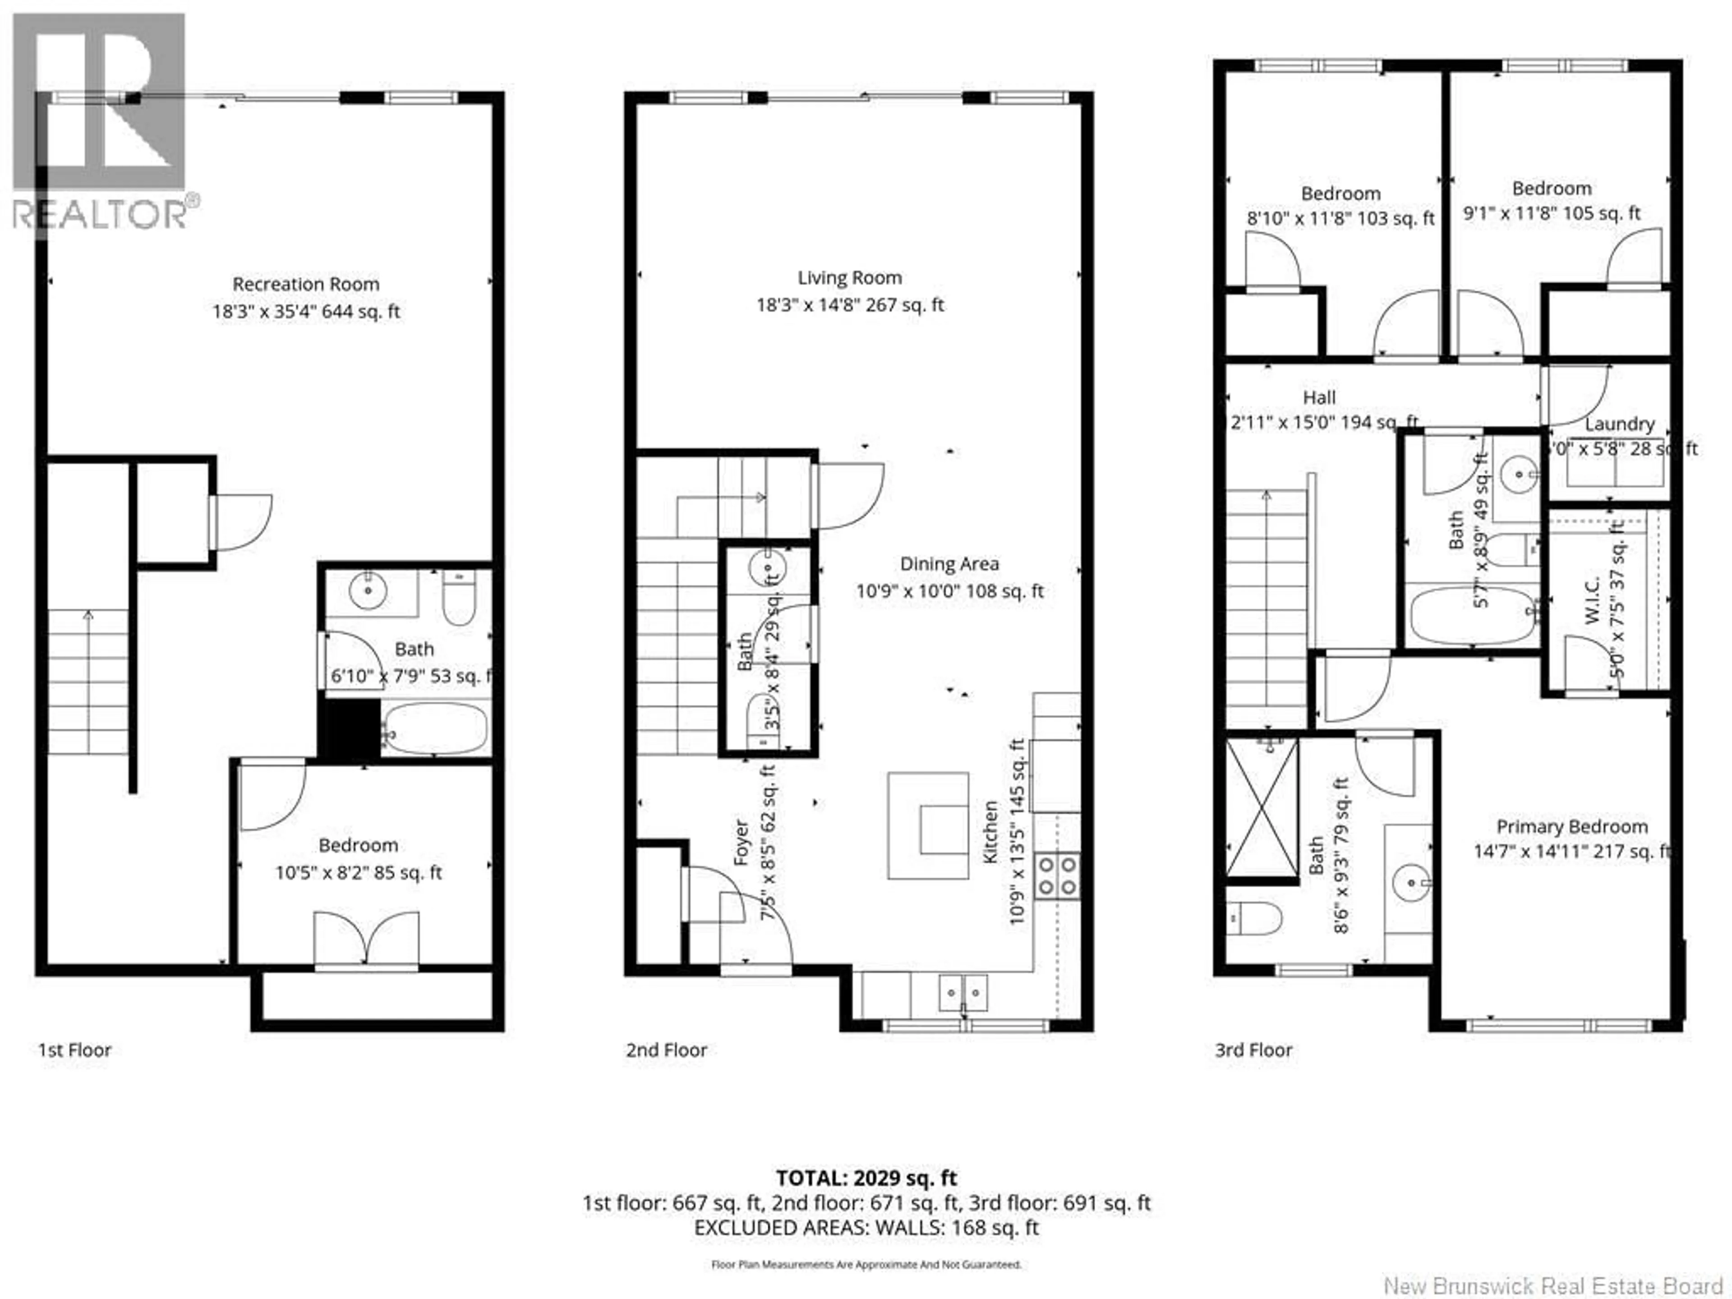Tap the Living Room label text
pyautogui.click(x=850, y=278)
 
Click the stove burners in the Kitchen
pyautogui.click(x=1058, y=875)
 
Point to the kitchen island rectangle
pyautogui.click(x=928, y=826)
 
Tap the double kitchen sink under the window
pyautogui.click(x=963, y=993)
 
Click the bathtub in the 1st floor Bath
pyautogui.click(x=434, y=728)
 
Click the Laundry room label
pyautogui.click(x=1619, y=424)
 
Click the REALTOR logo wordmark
pyautogui.click(x=102, y=213)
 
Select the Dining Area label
pyautogui.click(x=949, y=564)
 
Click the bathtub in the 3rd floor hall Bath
pyautogui.click(x=1472, y=615)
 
